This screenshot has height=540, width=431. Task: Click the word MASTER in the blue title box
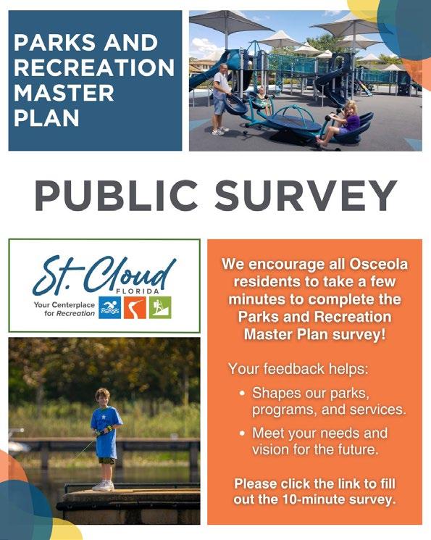pos(64,93)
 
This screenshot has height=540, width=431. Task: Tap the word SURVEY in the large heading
pos(306,195)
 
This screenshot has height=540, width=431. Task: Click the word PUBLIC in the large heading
pos(117,195)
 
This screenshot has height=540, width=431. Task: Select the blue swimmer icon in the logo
pos(109,307)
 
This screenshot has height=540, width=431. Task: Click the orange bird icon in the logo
pos(135,307)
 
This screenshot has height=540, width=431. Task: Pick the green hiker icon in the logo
pos(160,307)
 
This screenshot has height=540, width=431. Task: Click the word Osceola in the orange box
pos(379,264)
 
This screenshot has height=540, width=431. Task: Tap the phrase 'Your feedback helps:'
pos(298,369)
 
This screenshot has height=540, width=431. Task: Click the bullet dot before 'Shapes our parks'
pos(243,393)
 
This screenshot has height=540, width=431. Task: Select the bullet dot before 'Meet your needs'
pos(243,433)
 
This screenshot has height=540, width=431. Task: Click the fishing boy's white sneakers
pos(104,486)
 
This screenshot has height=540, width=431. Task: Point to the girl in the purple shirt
pos(343,123)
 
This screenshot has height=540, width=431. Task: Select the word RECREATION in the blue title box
pos(94,67)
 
